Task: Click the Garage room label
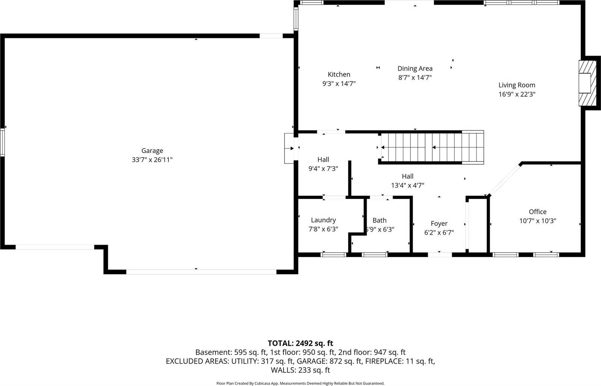tap(152, 151)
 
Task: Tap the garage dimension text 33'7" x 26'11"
tap(152, 160)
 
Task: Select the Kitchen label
tap(339, 74)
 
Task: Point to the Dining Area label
tap(415, 68)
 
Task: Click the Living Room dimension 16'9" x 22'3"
tap(517, 94)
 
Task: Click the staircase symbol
tap(431, 147)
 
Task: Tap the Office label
tap(537, 212)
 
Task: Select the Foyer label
tap(439, 224)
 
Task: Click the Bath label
tap(379, 220)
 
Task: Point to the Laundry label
tap(323, 220)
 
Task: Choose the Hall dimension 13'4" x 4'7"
tap(407, 185)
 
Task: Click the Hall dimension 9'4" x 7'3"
tap(323, 169)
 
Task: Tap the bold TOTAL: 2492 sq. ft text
tap(300, 343)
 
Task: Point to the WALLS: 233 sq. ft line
tap(300, 370)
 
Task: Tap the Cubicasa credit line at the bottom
tap(300, 383)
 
